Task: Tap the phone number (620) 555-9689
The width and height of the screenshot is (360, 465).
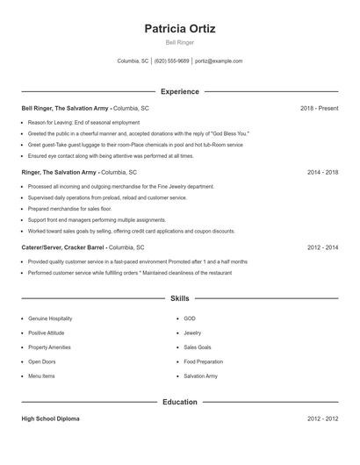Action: click(172, 61)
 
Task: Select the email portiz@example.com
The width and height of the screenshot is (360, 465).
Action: click(219, 61)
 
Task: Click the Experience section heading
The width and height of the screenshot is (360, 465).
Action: click(180, 91)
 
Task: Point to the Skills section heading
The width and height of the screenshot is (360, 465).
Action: click(180, 299)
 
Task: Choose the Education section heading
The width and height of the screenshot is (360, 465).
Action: click(180, 402)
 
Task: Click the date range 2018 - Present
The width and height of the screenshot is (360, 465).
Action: click(319, 108)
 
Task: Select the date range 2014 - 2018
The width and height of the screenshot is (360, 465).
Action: click(322, 173)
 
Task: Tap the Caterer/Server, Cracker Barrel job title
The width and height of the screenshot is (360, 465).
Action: click(61, 248)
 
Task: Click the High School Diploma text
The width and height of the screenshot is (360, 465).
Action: click(50, 418)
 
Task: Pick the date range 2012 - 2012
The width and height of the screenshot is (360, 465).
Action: click(322, 418)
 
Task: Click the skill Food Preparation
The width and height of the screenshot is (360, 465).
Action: click(203, 361)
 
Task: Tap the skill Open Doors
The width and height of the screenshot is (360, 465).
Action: click(41, 361)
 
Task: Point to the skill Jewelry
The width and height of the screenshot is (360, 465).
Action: click(192, 333)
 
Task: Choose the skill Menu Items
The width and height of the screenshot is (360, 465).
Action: click(41, 376)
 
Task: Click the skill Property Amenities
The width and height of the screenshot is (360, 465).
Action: click(49, 347)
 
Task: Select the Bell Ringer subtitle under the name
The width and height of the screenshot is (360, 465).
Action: click(180, 42)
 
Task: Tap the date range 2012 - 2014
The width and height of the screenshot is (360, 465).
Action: click(322, 248)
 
